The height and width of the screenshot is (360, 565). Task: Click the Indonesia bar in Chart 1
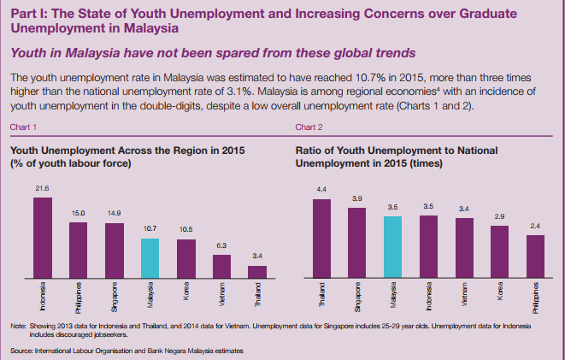(x=42, y=237)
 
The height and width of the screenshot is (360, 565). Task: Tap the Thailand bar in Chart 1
(x=257, y=271)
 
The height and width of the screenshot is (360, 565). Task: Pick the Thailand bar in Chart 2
(x=321, y=239)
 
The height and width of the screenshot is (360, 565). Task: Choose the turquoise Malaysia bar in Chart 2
(x=393, y=247)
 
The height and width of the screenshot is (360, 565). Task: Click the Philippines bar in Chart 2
(x=536, y=257)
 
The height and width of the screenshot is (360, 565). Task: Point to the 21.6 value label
(x=42, y=187)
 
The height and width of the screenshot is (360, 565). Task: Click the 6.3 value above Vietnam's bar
(x=221, y=245)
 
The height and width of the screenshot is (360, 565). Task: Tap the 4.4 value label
(x=321, y=188)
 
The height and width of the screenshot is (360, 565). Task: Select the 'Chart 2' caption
(x=308, y=127)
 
